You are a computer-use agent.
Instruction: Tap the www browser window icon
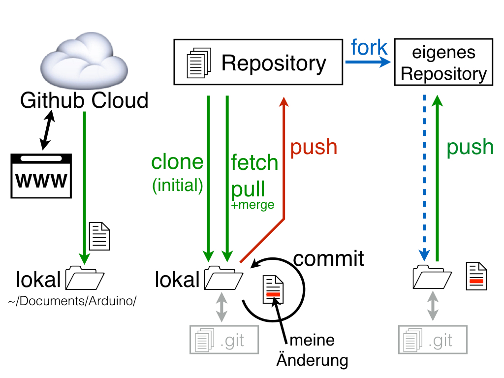point(39,176)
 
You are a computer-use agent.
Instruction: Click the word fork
point(369,48)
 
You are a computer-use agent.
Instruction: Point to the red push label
point(314,147)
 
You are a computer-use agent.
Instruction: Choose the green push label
point(470,147)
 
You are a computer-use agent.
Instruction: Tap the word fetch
point(254,162)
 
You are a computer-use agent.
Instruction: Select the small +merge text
point(252,205)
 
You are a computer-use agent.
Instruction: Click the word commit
point(328,258)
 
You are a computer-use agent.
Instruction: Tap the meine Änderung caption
point(312,350)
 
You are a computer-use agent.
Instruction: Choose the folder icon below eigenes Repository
point(433,277)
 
